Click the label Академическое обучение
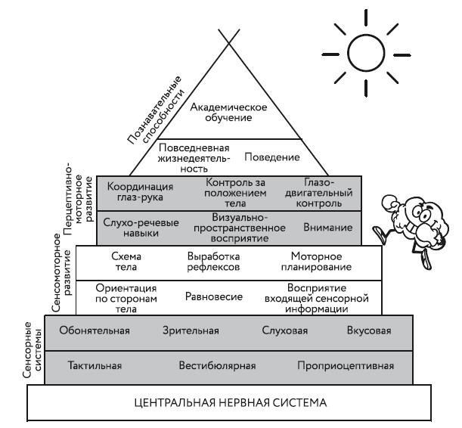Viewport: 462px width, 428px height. [x=220, y=113]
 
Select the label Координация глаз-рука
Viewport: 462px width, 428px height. [x=141, y=192]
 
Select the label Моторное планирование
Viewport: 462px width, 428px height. [x=311, y=262]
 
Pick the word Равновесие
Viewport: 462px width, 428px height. [x=213, y=296]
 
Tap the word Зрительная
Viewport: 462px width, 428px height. [x=191, y=330]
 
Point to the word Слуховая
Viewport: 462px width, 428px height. [x=283, y=330]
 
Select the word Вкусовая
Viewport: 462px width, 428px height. [x=369, y=330]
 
